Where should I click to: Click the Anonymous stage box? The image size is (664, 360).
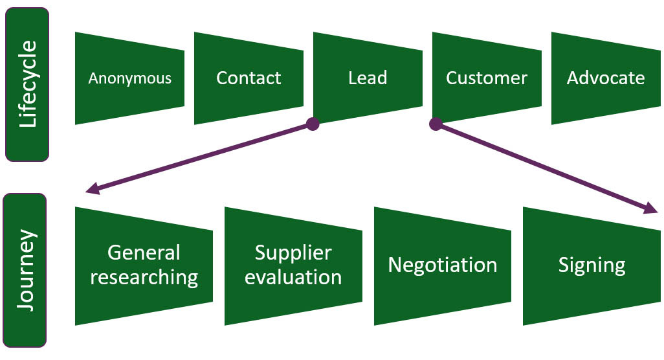[129, 78]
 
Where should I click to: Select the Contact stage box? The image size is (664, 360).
[249, 78]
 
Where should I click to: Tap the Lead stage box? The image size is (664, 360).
[368, 78]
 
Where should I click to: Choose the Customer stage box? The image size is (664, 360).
[487, 78]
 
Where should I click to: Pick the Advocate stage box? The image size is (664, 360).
[606, 78]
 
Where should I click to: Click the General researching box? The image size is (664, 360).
[144, 265]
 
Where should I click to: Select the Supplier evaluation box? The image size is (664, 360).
[293, 265]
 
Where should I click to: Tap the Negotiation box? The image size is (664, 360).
[443, 265]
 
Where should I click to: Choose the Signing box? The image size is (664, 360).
[592, 265]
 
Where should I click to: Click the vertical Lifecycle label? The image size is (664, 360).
[27, 84]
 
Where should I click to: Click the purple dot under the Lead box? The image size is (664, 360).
[313, 124]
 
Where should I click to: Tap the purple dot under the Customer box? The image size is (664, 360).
[436, 124]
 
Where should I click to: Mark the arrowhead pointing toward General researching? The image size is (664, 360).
[93, 189]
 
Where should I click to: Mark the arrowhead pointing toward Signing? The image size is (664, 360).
[651, 208]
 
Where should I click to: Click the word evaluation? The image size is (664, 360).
[293, 278]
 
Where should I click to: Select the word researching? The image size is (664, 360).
[144, 278]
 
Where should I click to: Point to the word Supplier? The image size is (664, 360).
[293, 253]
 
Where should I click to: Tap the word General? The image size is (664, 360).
[144, 253]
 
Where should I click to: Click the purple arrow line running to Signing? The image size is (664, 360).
[544, 166]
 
